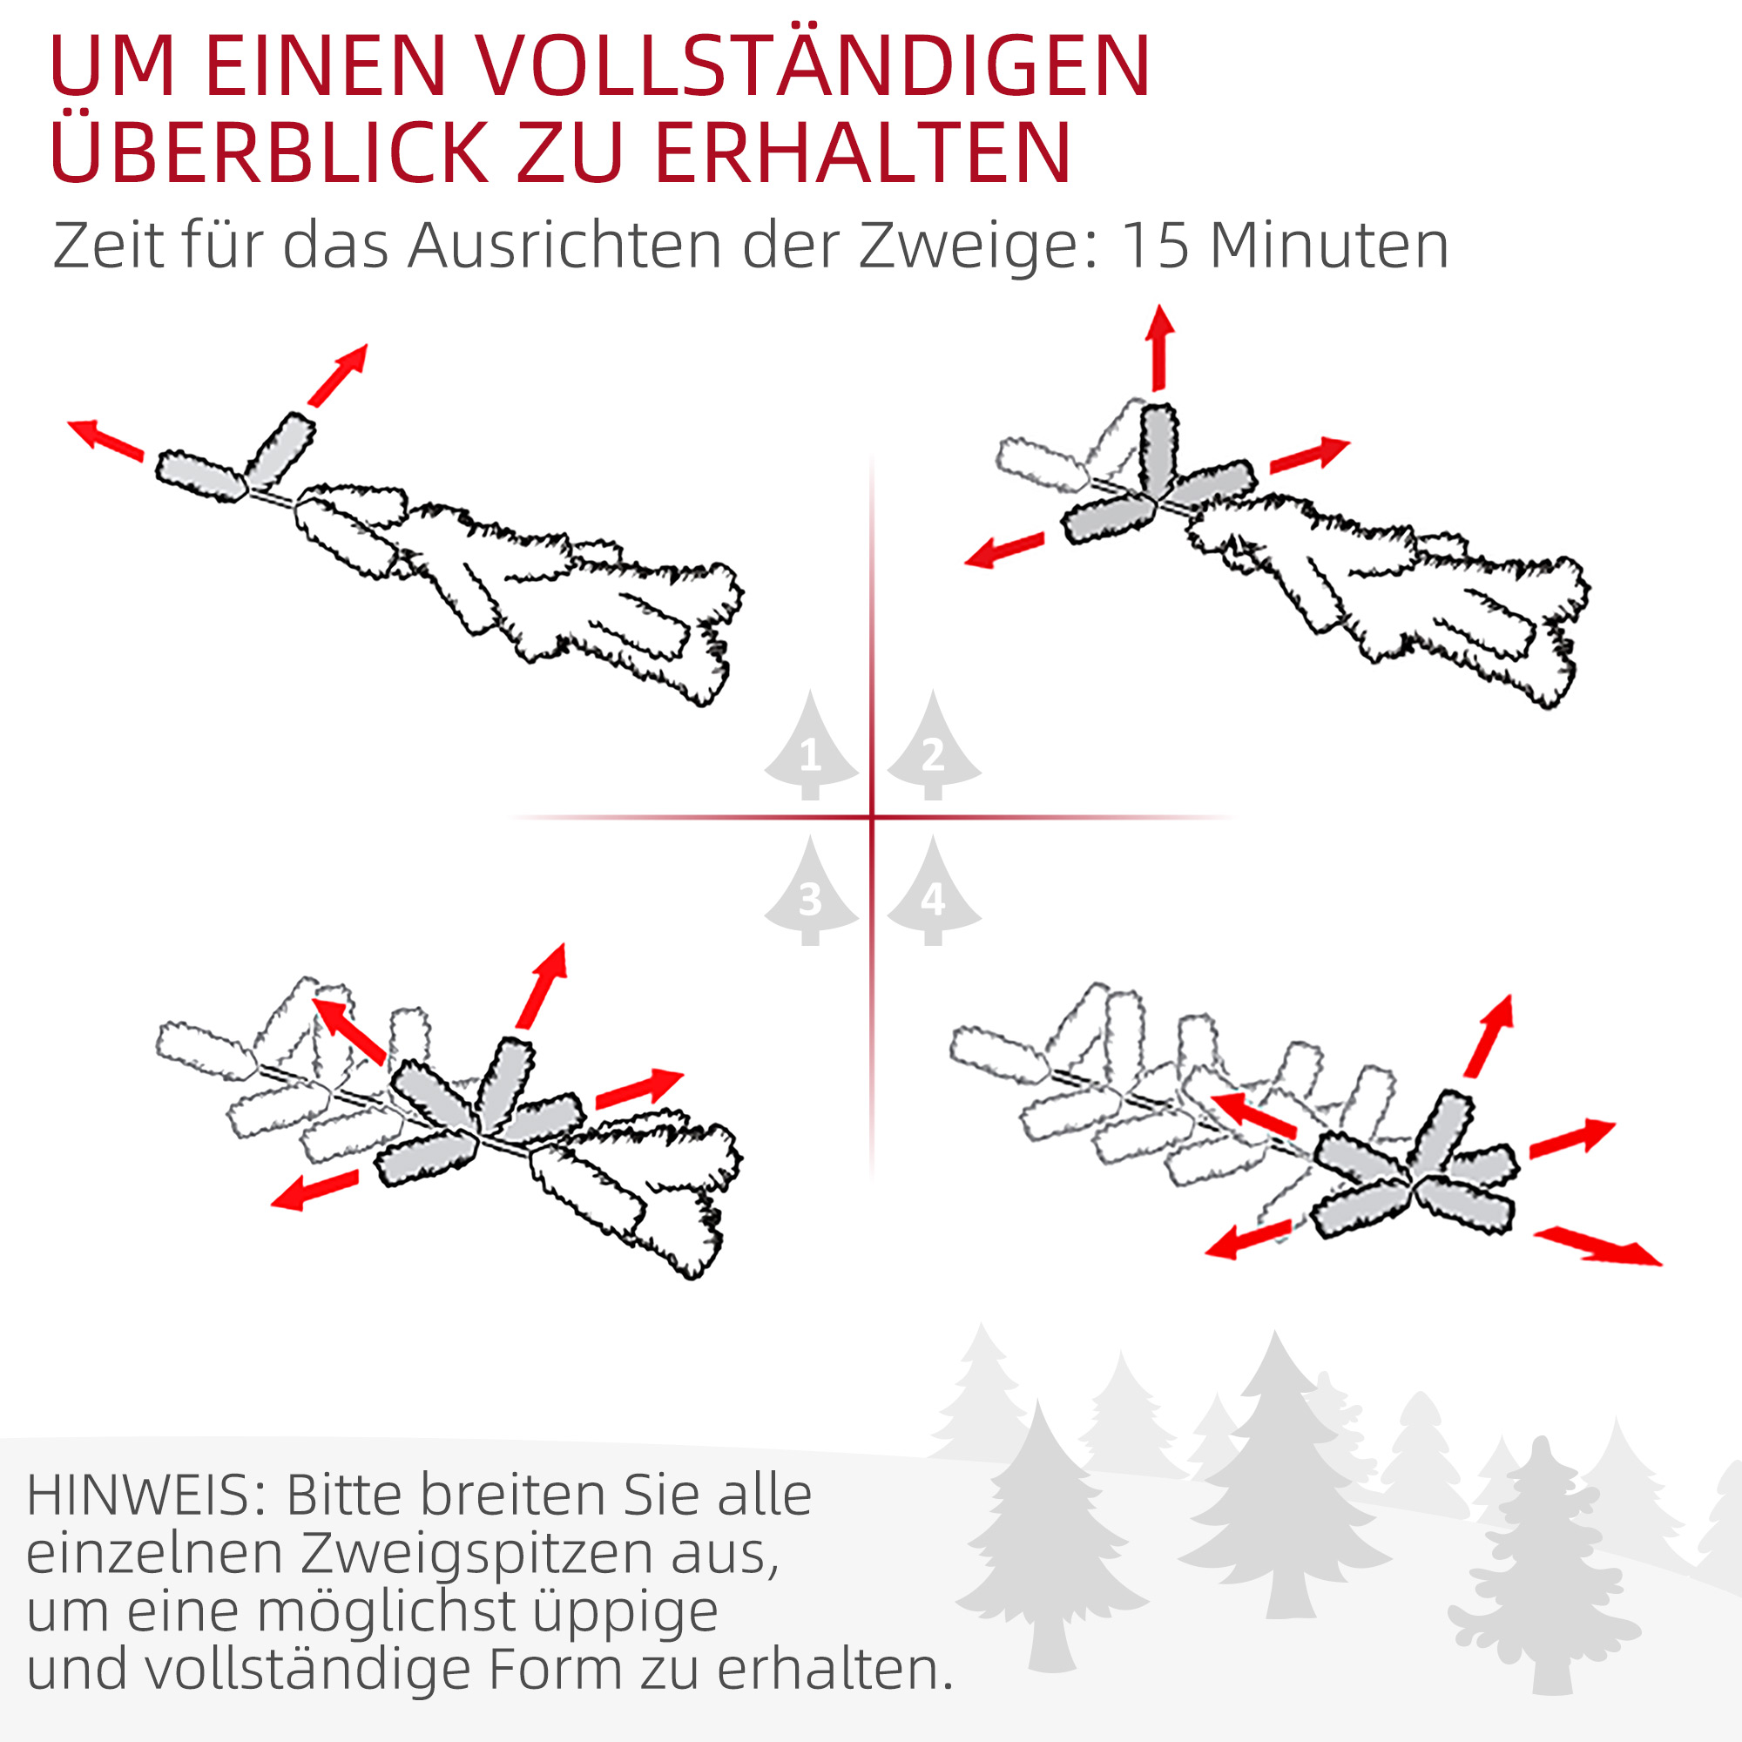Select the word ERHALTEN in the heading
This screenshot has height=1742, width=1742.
[x=862, y=153]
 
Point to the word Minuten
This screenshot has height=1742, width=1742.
[x=1329, y=246]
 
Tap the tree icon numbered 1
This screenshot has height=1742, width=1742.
[x=811, y=747]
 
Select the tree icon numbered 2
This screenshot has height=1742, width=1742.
[x=933, y=747]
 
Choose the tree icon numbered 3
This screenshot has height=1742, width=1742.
[x=811, y=893]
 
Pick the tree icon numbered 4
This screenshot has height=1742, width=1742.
[x=933, y=893]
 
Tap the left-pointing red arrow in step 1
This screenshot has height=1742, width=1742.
[x=105, y=439]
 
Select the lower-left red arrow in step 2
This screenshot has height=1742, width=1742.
[x=1003, y=549]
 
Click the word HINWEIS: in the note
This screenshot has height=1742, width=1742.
[x=145, y=1496]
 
